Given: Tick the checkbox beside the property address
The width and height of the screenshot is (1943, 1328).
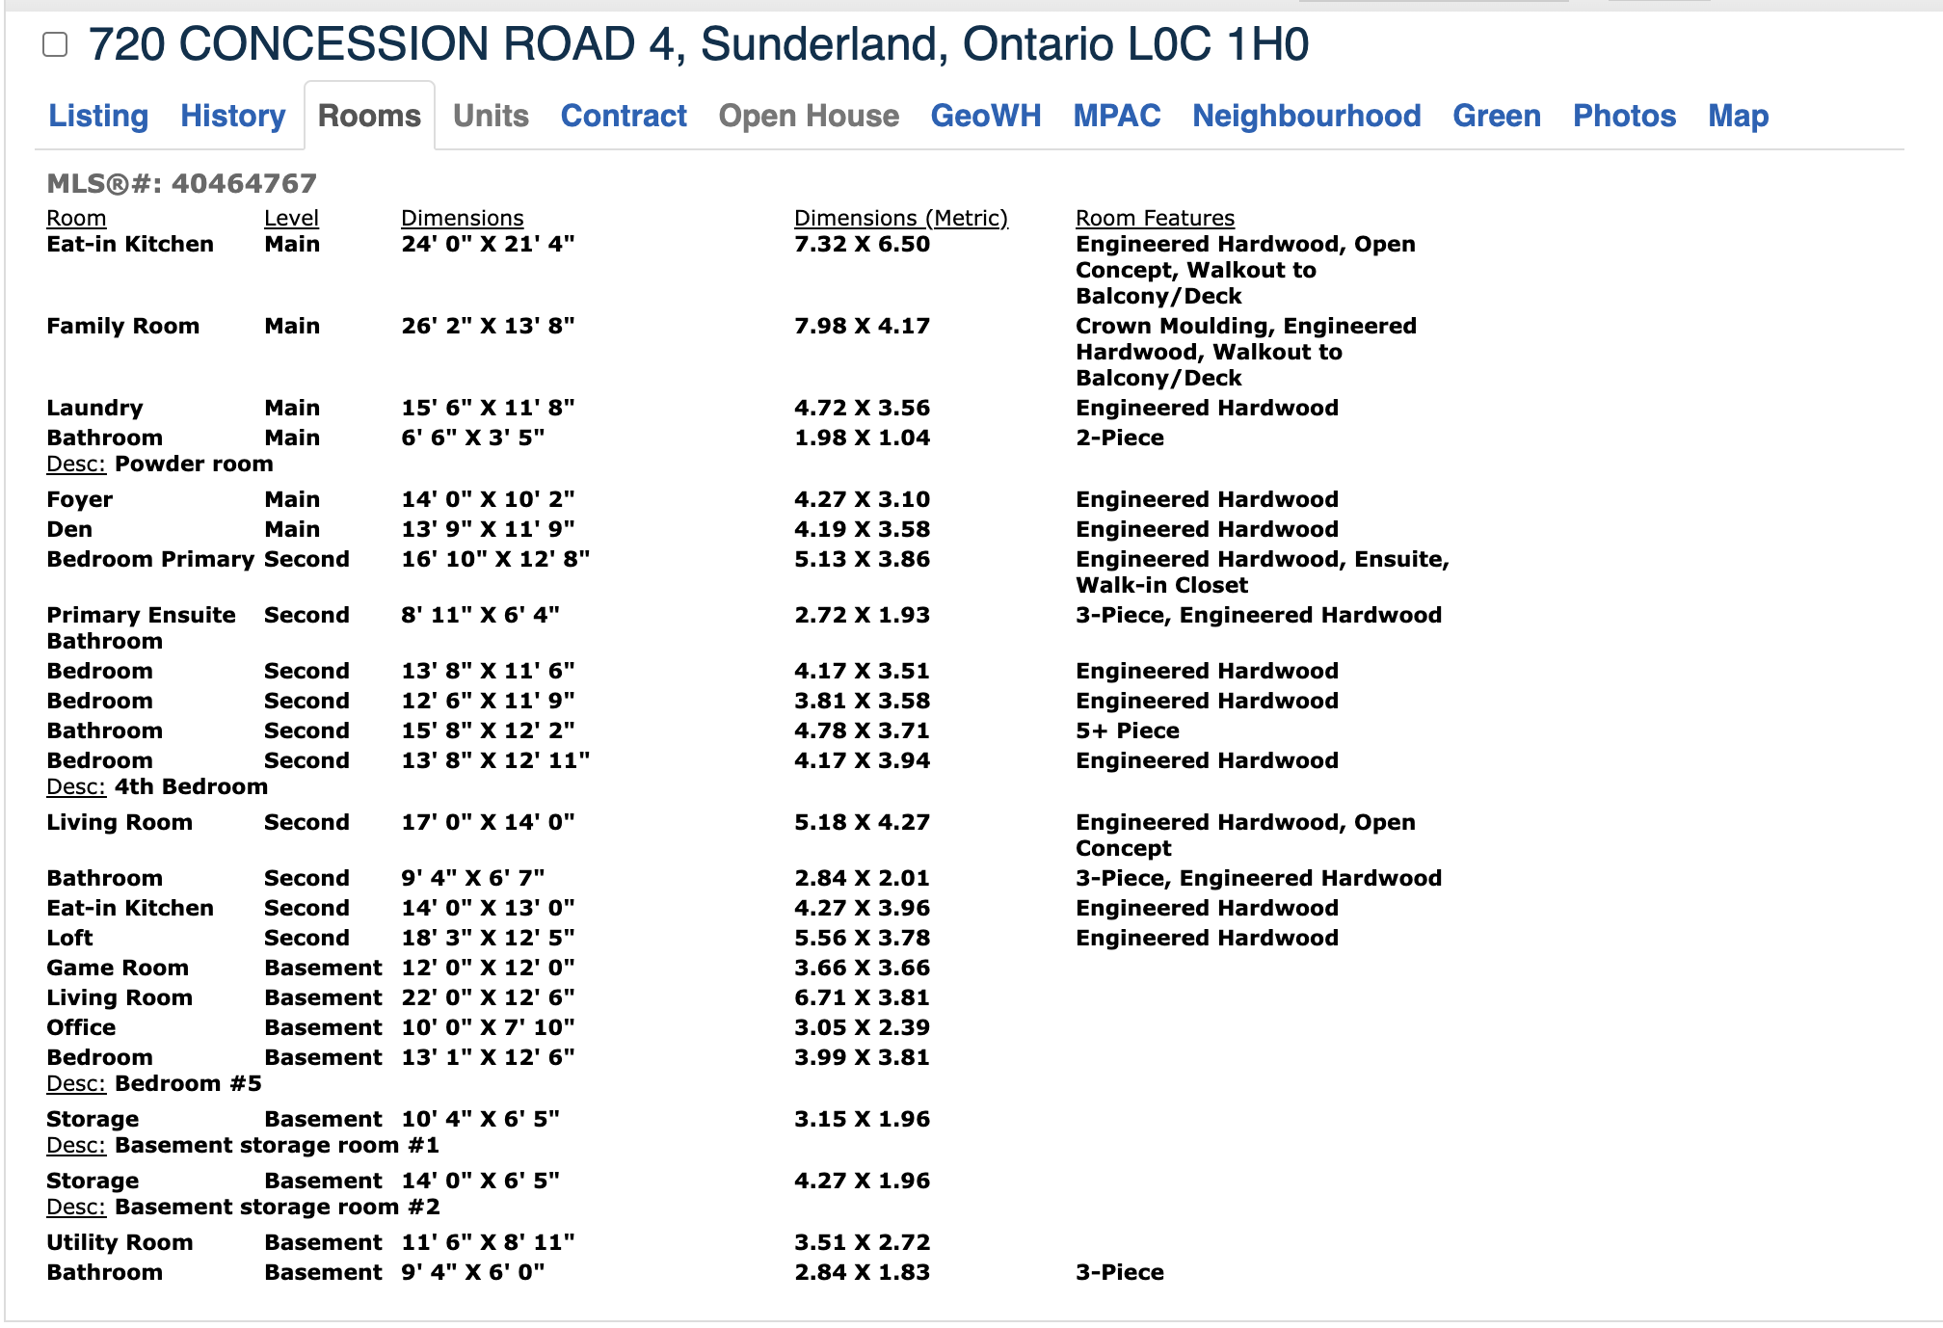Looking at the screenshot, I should pyautogui.click(x=55, y=44).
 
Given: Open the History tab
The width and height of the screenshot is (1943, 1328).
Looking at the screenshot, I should pyautogui.click(x=232, y=116).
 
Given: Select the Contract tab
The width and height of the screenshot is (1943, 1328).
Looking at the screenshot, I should pyautogui.click(x=623, y=116).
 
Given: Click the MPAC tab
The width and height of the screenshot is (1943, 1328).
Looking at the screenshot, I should pyautogui.click(x=1116, y=116).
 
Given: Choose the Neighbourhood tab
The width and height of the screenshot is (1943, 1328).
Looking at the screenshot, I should pyautogui.click(x=1306, y=116).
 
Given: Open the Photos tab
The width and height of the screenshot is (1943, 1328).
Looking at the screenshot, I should pyautogui.click(x=1624, y=116).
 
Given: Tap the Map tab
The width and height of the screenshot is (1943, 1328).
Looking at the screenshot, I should pyautogui.click(x=1738, y=116).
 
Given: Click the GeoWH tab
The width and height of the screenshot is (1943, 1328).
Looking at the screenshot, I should pyautogui.click(x=985, y=116).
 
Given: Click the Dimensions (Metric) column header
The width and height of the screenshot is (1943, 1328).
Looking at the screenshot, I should pyautogui.click(x=900, y=218).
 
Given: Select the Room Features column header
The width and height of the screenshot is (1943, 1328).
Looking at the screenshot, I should pyautogui.click(x=1155, y=218).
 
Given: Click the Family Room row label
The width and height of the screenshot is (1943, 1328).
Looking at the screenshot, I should pyautogui.click(x=122, y=326).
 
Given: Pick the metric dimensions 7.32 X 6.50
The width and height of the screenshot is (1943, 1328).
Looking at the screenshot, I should pyautogui.click(x=862, y=244).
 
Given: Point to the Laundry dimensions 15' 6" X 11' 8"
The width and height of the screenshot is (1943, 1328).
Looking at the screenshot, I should pyautogui.click(x=488, y=408).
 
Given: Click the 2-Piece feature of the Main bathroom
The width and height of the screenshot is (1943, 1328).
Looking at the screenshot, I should pyautogui.click(x=1119, y=438).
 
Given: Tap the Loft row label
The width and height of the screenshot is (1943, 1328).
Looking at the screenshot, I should pyautogui.click(x=69, y=938).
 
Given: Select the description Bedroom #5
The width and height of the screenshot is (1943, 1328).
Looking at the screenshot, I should pyautogui.click(x=188, y=1083).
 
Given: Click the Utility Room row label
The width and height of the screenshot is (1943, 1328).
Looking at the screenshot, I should pyautogui.click(x=120, y=1242).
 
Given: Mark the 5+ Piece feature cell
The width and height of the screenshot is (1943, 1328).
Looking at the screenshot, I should pyautogui.click(x=1127, y=730).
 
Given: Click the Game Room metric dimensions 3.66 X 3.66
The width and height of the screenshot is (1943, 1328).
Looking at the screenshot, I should pyautogui.click(x=862, y=968).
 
